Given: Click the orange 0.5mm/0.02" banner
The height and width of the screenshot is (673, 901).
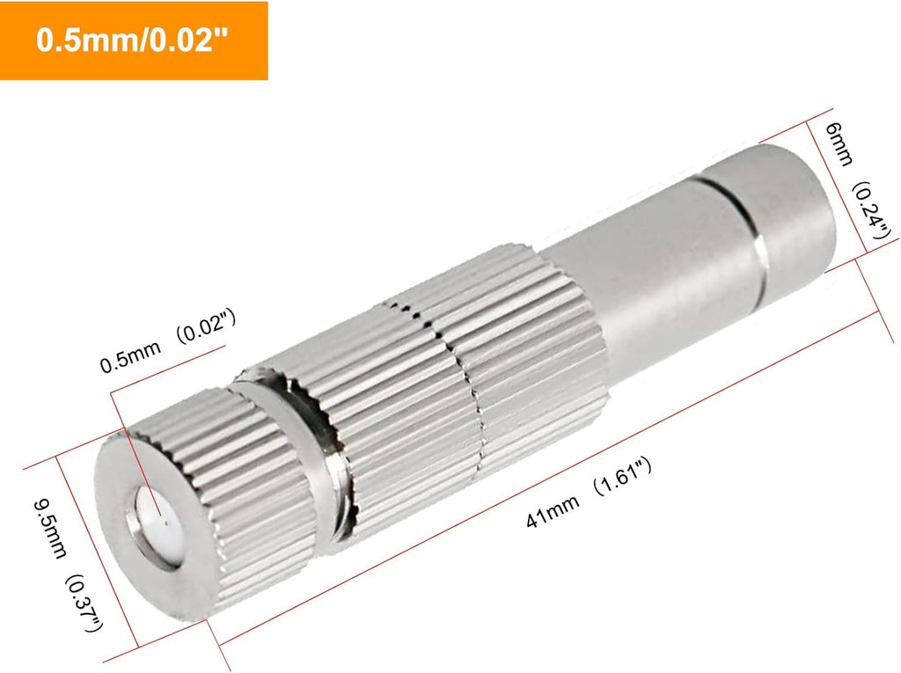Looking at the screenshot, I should pyautogui.click(x=134, y=41).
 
